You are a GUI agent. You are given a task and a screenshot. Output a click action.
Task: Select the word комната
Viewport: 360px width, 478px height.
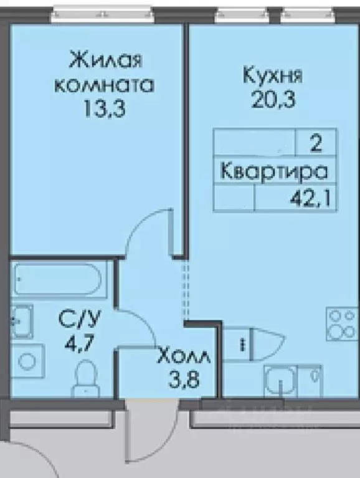pos(105,85)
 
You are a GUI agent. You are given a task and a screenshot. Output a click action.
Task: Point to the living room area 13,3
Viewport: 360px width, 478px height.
pos(105,110)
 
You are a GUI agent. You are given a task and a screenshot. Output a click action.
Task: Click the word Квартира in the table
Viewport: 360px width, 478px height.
pos(274,171)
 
